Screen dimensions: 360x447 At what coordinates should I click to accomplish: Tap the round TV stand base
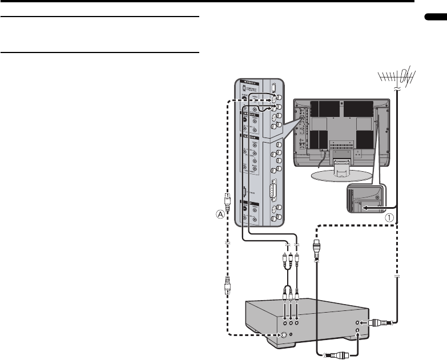coord(336,173)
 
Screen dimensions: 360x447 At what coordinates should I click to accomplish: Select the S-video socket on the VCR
coord(284,335)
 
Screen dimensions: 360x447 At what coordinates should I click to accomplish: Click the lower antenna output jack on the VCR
coord(358,331)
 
